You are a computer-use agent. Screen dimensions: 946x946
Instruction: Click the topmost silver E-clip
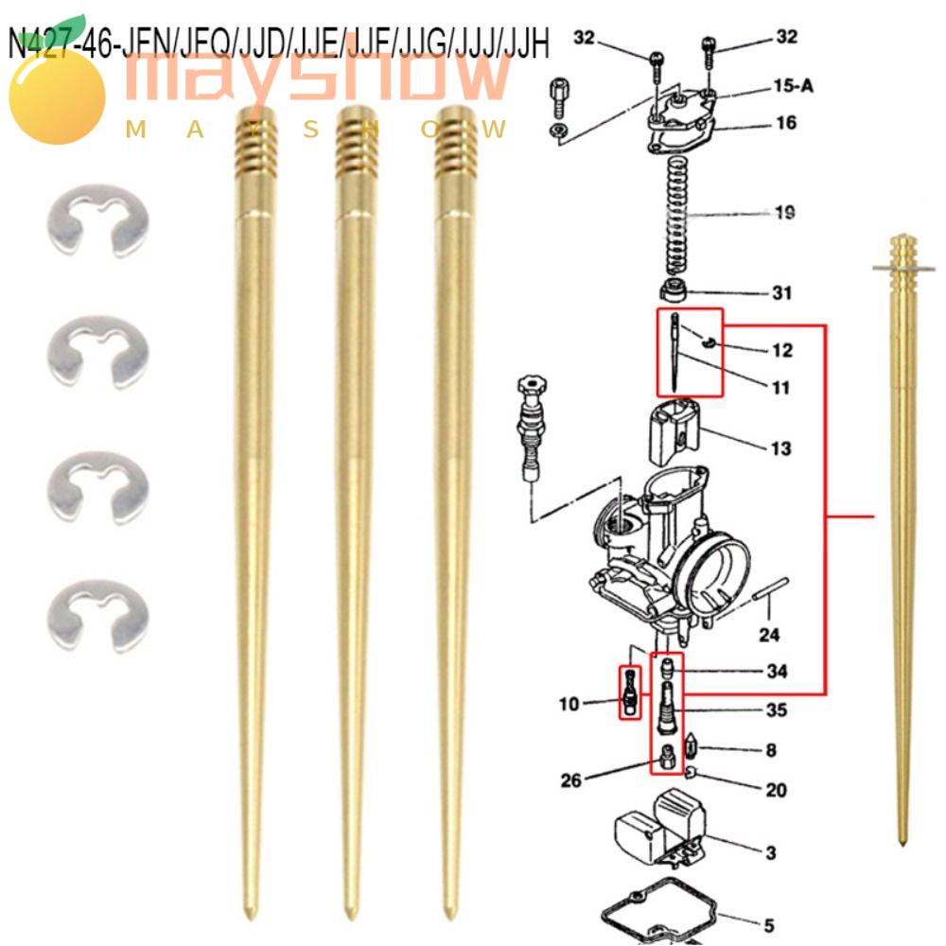[x=97, y=219]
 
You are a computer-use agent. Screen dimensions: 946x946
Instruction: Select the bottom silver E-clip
[x=97, y=615]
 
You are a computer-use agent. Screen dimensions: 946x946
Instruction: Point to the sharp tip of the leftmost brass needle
[x=249, y=913]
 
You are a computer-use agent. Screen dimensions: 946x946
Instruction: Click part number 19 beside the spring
[x=784, y=213]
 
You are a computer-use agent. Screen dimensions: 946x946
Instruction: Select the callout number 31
[x=781, y=293]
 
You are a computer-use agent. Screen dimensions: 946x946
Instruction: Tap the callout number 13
[x=780, y=448]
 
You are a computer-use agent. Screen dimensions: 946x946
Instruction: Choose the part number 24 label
[x=770, y=636]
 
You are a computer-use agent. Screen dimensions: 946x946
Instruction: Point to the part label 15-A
[x=793, y=86]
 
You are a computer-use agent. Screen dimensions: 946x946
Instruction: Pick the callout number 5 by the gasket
[x=769, y=926]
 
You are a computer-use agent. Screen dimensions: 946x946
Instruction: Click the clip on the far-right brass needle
[x=903, y=270]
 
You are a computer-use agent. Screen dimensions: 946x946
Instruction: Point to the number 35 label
[x=777, y=709]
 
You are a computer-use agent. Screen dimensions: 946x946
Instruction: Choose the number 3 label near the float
[x=771, y=853]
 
